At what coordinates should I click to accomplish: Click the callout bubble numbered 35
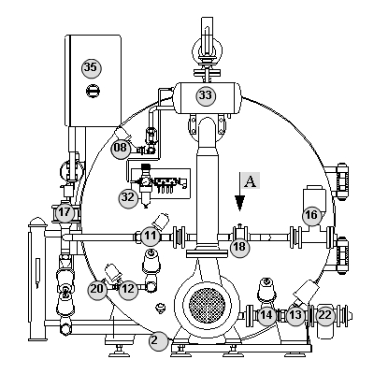click(92, 67)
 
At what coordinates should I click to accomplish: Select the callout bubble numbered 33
click(206, 95)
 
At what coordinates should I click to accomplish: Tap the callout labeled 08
click(121, 148)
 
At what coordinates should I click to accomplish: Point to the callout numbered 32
click(128, 197)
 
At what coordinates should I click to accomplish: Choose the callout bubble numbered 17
click(65, 213)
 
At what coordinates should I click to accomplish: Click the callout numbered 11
click(151, 236)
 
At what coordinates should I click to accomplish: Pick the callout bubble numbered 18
click(239, 247)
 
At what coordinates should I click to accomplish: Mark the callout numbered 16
click(311, 215)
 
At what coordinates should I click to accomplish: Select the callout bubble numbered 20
click(97, 289)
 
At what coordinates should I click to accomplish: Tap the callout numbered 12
click(128, 290)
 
